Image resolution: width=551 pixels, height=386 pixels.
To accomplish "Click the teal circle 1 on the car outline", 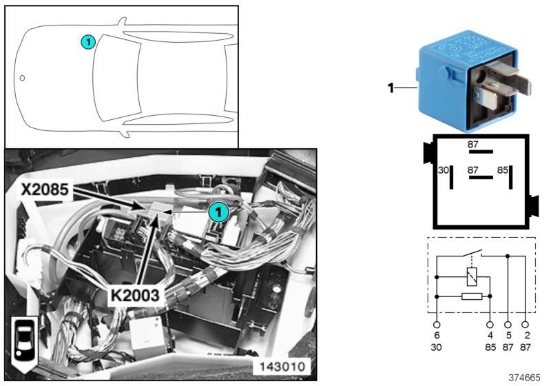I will pyautogui.click(x=87, y=42).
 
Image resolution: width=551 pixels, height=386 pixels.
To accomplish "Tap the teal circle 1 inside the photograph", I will pyautogui.click(x=218, y=212).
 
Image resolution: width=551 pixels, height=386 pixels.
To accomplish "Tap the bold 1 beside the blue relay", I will pyautogui.click(x=390, y=88).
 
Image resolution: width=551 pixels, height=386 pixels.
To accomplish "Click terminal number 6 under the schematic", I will pyautogui.click(x=437, y=336).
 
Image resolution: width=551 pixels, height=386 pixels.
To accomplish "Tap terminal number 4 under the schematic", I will pyautogui.click(x=490, y=336).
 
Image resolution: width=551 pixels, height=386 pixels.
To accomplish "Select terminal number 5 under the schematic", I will pyautogui.click(x=508, y=336).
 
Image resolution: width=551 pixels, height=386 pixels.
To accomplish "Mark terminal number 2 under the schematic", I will pyautogui.click(x=526, y=336).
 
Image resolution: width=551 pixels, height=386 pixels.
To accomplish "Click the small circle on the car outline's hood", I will pyautogui.click(x=22, y=78).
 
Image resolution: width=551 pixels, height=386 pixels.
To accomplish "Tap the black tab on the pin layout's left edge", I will pyautogui.click(x=428, y=151).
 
